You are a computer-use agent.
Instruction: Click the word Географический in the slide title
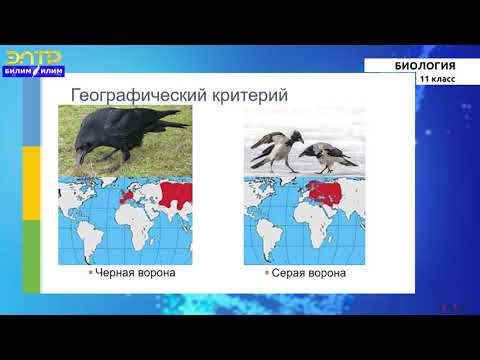[x=134, y=96]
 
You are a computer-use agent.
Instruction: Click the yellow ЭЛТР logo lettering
[x=32, y=57]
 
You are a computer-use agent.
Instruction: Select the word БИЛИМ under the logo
[x=20, y=73]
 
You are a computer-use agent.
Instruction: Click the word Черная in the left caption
[x=113, y=273]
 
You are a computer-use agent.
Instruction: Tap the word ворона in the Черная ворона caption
[x=155, y=273]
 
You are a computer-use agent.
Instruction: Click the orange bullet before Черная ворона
[x=90, y=273]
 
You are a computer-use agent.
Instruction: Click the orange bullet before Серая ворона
[x=266, y=273]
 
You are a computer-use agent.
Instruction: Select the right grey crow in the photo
[x=324, y=155]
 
